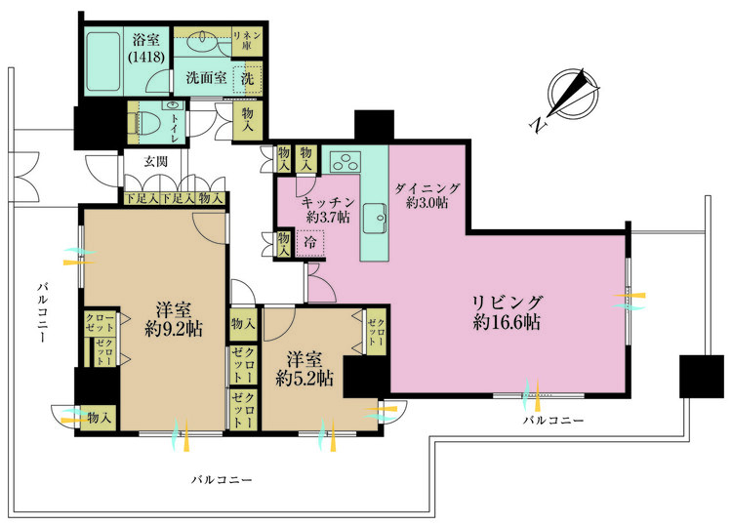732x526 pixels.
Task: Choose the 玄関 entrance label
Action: pos(157,161)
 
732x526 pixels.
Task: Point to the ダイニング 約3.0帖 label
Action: pos(427,194)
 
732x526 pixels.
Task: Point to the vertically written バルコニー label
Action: pos(43,312)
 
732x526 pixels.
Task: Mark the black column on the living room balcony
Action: pos(700,375)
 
